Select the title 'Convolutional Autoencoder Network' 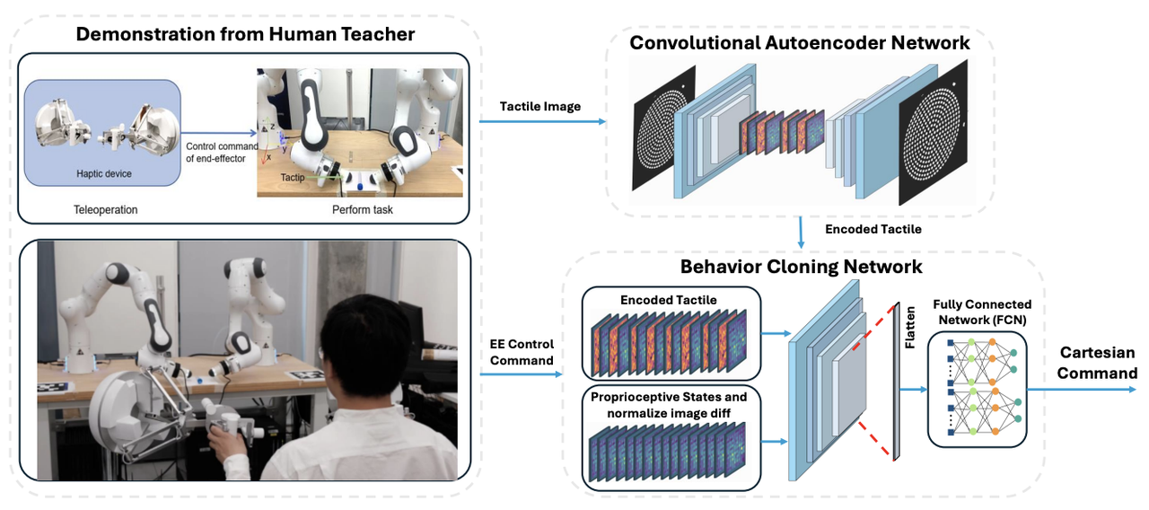[x=799, y=42]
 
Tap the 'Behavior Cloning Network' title [x=801, y=267]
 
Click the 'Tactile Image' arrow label [x=539, y=106]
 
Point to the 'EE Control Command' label [x=521, y=352]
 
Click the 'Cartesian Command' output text [x=1097, y=363]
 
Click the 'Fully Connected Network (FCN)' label [x=982, y=312]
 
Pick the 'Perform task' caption [x=361, y=209]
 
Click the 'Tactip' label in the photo [x=293, y=178]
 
